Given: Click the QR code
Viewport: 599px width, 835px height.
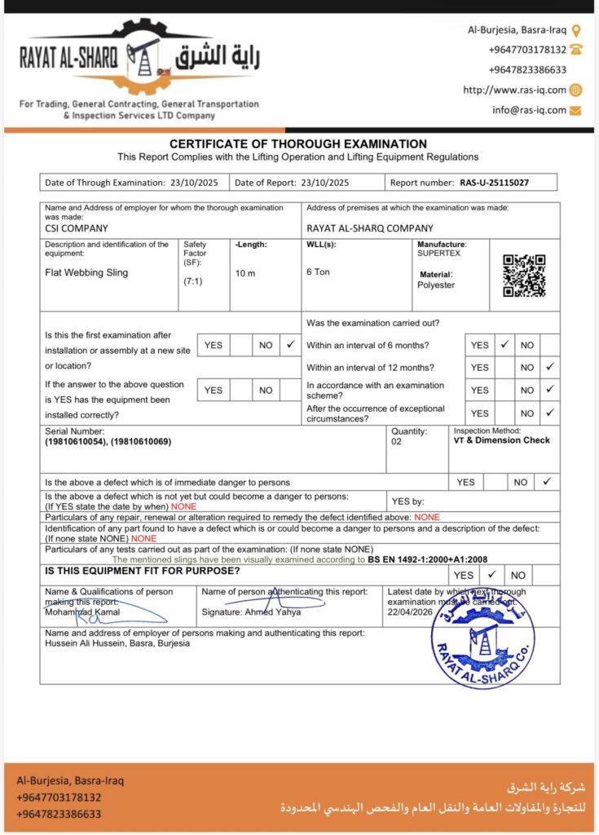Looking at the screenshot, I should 524,276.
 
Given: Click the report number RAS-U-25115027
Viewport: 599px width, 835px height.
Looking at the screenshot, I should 494,183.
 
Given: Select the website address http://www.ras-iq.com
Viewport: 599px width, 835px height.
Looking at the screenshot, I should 514,90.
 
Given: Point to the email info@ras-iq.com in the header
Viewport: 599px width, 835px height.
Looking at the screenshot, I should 529,110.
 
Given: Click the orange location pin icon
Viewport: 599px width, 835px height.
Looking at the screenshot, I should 576,30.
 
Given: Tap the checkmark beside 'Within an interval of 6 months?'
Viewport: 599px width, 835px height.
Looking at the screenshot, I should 504,345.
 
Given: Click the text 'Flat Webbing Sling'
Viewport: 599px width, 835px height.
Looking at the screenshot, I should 86,272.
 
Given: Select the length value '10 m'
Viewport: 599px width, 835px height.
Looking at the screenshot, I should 245,273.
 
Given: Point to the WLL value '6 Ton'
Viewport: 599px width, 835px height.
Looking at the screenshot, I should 318,272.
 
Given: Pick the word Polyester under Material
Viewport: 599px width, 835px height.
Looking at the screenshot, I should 436,285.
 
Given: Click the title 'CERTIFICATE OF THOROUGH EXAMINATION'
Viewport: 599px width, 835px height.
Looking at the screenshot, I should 298,144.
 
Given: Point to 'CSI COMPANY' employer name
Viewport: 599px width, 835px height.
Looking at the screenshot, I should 77,228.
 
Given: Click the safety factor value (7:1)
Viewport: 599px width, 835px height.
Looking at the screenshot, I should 195,281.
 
